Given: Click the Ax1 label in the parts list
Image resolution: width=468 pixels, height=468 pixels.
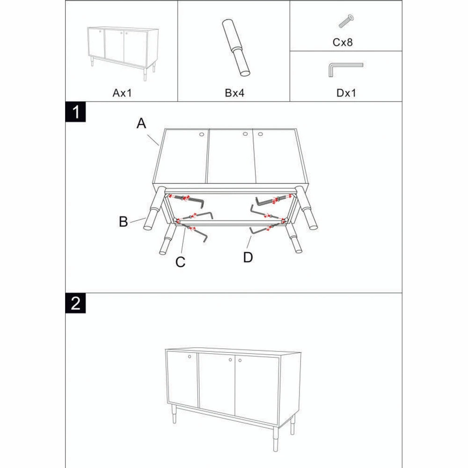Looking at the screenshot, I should click(123, 93).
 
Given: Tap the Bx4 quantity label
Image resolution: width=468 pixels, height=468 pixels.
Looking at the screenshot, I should click(234, 93).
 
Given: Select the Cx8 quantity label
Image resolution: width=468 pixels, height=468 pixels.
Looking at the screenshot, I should click(343, 43).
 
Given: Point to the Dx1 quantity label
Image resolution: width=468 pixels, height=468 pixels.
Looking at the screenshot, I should click(346, 93).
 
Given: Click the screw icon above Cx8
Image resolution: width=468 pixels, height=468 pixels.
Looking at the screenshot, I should click(346, 21).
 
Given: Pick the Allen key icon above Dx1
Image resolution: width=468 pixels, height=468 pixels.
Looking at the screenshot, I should click(344, 69).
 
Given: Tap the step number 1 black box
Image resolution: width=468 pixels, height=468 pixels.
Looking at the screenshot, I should click(75, 112).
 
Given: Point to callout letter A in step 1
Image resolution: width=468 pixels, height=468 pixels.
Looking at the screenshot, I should click(141, 124).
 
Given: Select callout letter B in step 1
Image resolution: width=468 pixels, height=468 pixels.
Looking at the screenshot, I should click(124, 221).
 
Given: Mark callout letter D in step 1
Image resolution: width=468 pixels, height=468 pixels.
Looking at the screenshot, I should click(248, 256).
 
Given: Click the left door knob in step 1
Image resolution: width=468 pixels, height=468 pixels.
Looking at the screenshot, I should click(202, 135).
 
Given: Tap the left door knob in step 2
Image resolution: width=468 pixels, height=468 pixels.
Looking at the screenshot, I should click(190, 357).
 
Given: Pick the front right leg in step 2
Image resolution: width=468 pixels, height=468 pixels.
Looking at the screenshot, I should click(293, 423).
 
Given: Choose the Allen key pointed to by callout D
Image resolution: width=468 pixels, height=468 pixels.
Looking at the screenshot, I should click(260, 230).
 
